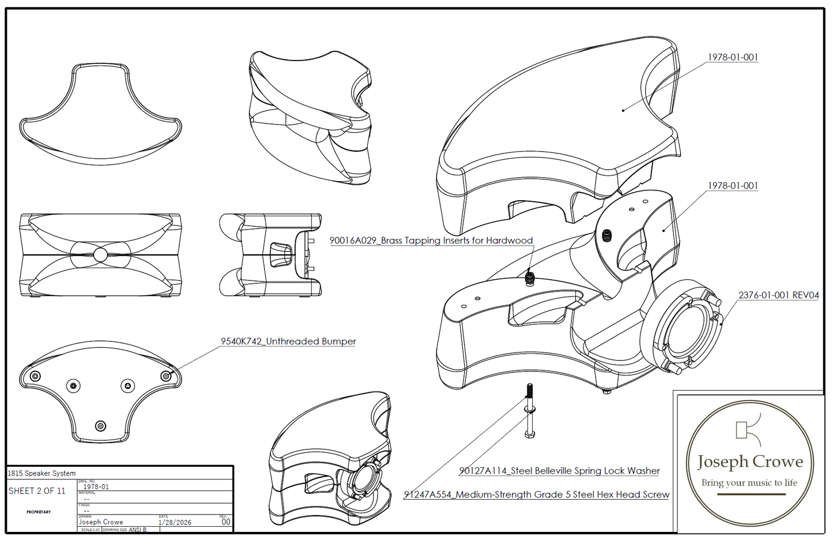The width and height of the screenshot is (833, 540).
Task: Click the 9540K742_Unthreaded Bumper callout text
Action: pyautogui.click(x=288, y=342)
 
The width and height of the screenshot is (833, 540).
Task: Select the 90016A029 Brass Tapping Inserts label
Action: pyautogui.click(x=431, y=241)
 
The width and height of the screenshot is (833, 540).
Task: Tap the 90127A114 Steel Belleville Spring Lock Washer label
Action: pyautogui.click(x=559, y=471)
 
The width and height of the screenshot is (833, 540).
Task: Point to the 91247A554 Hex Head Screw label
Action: pyautogui.click(x=536, y=494)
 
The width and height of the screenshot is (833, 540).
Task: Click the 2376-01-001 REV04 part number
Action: pyautogui.click(x=778, y=295)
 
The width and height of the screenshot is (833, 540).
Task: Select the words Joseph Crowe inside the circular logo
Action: pyautogui.click(x=749, y=462)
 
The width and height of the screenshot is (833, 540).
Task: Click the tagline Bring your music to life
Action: pyautogui.click(x=749, y=483)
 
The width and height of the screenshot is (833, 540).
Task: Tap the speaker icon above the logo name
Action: pyautogui.click(x=747, y=429)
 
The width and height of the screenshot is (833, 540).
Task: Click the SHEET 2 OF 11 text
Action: pyautogui.click(x=37, y=491)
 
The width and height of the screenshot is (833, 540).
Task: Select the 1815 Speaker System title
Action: pyautogui.click(x=42, y=473)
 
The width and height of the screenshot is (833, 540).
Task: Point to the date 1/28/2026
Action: pyautogui.click(x=175, y=522)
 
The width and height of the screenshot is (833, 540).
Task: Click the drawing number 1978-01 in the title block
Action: pyautogui.click(x=96, y=487)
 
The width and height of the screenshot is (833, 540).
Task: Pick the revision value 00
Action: pyautogui.click(x=225, y=522)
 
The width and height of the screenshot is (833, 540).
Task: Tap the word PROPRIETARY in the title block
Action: pyautogui.click(x=39, y=512)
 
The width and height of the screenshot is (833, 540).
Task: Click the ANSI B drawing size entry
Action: pyautogui.click(x=137, y=530)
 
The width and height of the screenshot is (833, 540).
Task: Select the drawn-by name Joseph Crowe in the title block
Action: pyautogui.click(x=101, y=522)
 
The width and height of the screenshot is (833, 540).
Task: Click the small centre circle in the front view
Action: pyautogui.click(x=100, y=254)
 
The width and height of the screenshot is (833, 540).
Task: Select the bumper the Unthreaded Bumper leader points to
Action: pyautogui.click(x=166, y=376)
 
